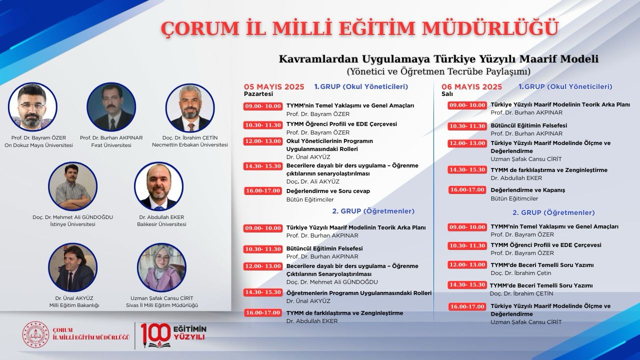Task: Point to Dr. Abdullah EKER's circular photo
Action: coord(158,186)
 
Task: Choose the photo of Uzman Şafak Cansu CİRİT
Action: coord(161,267)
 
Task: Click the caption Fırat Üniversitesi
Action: coord(111,145)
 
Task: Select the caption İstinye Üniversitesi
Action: coord(72,224)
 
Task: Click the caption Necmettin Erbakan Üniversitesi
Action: coord(190,145)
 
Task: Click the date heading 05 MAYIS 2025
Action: coord(274,86)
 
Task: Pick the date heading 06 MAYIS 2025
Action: coord(472,86)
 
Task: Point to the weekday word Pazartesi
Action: coord(258,93)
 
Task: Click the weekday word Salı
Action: coord(447,93)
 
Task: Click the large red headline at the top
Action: coord(359,28)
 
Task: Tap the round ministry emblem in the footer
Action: coord(35,334)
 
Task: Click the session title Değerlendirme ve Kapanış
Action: coord(527,190)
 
